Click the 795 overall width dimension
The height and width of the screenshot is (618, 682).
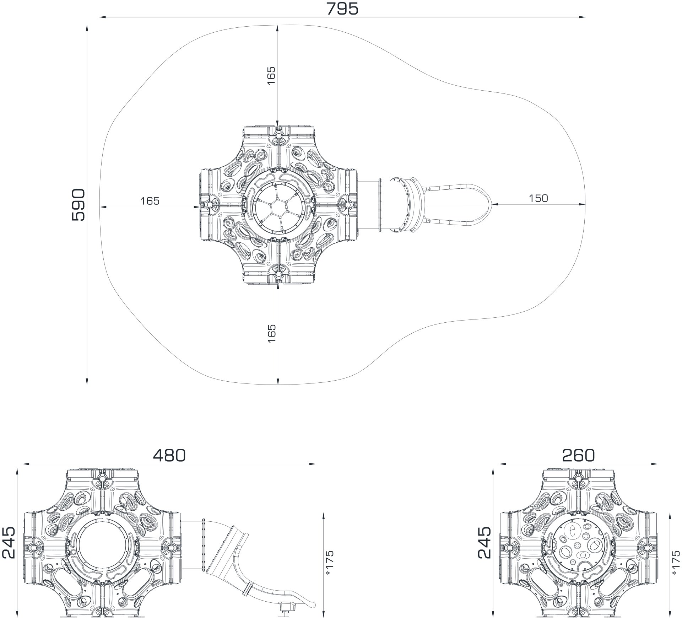coord(342,9)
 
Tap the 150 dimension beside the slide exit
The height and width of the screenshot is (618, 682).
coord(538,198)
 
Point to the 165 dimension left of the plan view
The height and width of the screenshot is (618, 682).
coord(150,201)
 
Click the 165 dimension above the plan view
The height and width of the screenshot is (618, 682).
coord(271,75)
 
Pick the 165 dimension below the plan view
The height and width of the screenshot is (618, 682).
coord(271,333)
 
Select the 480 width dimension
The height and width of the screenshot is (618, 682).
coord(169,455)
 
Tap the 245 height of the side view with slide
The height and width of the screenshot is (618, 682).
coord(9,543)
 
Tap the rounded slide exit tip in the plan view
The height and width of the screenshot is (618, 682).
coord(491,205)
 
